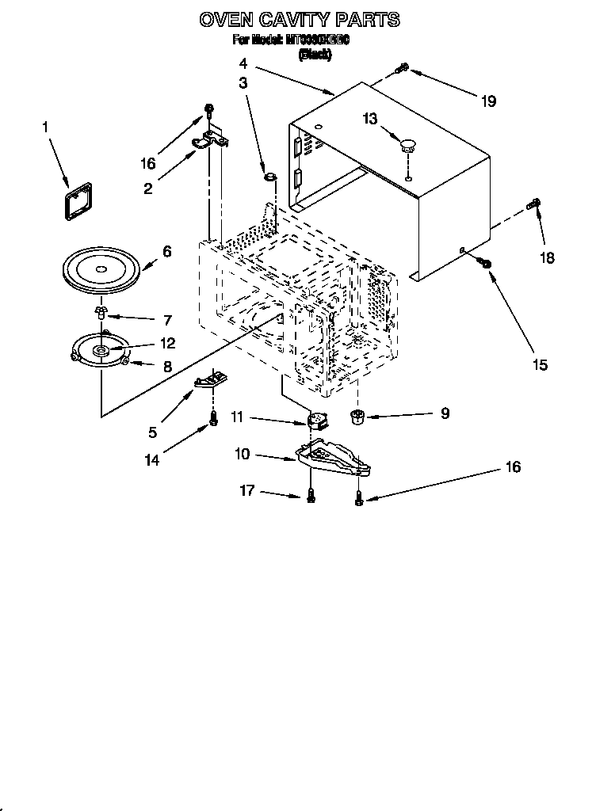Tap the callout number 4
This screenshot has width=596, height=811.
pos(243,63)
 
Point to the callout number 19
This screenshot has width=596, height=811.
pos(488,101)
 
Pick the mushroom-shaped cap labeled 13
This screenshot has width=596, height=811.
pos(409,144)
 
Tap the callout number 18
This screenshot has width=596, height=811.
pos(548,257)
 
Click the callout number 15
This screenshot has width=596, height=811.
pos(540,364)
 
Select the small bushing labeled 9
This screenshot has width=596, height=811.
pos(357,416)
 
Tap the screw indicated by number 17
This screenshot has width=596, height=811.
pos(311,496)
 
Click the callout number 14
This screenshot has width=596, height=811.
pos(151,460)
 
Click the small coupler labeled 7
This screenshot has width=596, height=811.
pos(101,311)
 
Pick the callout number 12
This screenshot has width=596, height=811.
pos(168,344)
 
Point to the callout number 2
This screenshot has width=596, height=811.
pos(148,188)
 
